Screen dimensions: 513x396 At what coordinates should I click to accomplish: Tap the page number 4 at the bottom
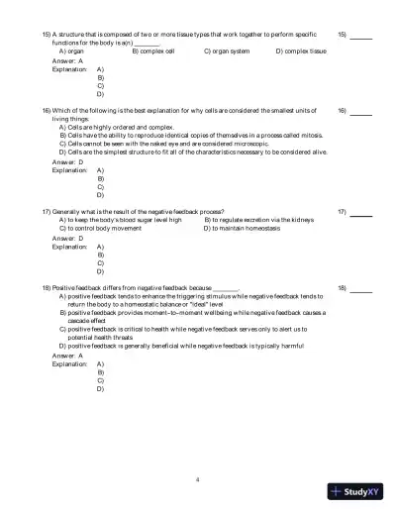[x=198, y=478]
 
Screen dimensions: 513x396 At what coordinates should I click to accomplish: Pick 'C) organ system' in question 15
[x=228, y=50]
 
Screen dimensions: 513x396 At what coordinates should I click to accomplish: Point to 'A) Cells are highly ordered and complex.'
[x=116, y=127]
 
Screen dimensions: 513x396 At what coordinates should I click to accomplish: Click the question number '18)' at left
[x=46, y=287]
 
